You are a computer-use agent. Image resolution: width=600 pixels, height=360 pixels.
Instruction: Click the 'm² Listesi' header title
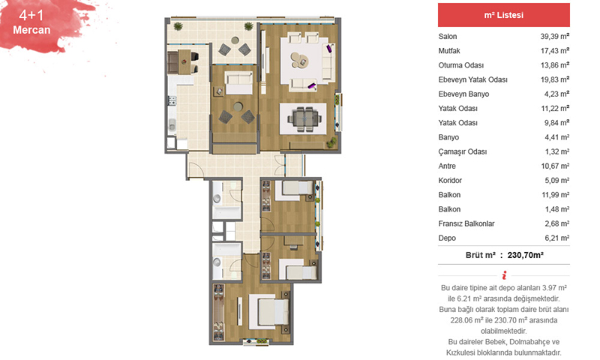[503, 15]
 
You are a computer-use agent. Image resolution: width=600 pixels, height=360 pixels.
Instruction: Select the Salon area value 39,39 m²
[555, 36]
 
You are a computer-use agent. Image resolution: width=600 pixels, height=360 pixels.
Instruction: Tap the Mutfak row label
[449, 51]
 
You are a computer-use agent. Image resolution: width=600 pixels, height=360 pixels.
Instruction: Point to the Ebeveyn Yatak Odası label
[473, 79]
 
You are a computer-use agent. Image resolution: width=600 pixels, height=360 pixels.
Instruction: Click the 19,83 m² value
[555, 79]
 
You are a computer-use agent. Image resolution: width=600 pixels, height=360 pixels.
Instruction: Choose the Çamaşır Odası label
[463, 152]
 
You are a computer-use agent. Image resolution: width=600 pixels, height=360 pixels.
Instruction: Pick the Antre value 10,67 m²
[555, 166]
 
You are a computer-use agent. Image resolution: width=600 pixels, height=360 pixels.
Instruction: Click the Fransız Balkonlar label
[466, 223]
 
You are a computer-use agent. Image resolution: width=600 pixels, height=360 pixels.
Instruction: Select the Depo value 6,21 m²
[557, 238]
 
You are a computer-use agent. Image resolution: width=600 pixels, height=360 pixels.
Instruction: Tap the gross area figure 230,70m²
[526, 255]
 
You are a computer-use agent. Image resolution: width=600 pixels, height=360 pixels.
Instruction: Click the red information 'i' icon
[504, 275]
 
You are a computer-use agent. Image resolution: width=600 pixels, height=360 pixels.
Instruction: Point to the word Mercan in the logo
[31, 30]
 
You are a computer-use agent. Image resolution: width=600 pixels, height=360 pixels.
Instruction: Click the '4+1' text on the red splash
[31, 15]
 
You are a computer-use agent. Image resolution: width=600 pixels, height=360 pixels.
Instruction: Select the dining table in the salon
[304, 118]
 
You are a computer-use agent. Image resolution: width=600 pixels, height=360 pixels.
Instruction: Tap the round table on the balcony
[235, 40]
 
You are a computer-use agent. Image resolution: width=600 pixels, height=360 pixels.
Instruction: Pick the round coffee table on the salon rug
[298, 60]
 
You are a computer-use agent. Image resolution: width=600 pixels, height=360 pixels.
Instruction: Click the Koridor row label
[450, 181]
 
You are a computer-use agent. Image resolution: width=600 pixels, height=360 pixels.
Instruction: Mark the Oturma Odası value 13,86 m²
[555, 65]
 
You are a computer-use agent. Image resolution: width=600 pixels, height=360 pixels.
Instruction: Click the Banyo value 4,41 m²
[557, 137]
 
